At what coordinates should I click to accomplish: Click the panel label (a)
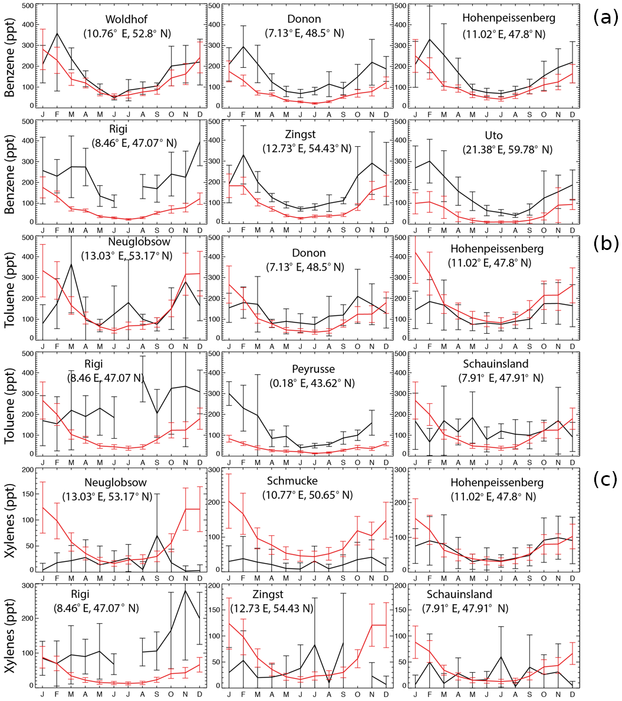click(604, 17)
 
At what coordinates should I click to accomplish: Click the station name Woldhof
click(126, 18)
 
